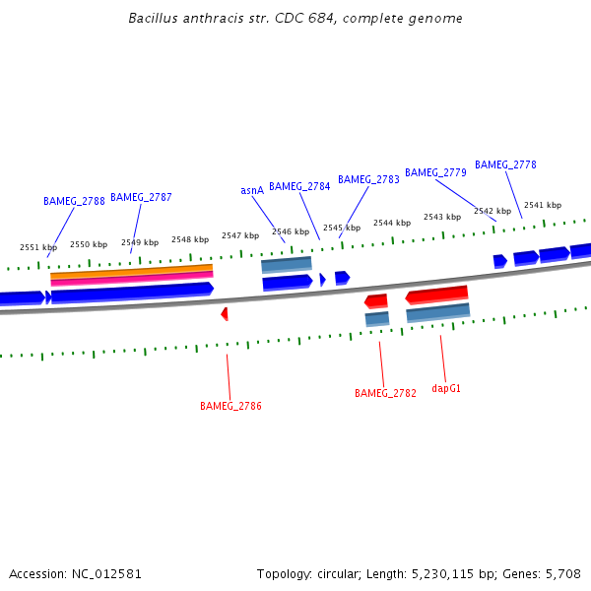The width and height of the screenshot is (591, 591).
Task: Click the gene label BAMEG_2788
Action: (74, 201)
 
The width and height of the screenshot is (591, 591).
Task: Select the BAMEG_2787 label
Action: (141, 197)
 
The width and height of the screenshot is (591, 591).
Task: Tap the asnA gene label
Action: (252, 190)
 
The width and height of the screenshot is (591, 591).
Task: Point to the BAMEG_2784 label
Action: (299, 186)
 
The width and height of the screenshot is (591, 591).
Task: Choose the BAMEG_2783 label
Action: (368, 179)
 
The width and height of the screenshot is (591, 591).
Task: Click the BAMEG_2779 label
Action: (435, 172)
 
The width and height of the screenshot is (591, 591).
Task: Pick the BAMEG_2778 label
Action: (505, 164)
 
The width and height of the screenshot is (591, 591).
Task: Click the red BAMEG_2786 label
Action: (230, 406)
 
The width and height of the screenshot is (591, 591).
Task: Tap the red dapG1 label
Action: (446, 388)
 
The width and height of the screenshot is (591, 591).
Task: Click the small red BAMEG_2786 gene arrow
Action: (225, 313)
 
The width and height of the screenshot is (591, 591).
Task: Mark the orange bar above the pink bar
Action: (131, 270)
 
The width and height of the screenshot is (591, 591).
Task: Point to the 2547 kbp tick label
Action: (240, 235)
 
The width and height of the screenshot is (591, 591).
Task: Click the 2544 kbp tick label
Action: (391, 223)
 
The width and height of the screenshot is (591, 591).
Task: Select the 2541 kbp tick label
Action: (542, 205)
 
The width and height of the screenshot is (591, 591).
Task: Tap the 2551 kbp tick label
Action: (38, 247)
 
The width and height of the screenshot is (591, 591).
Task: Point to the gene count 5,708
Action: (561, 573)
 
